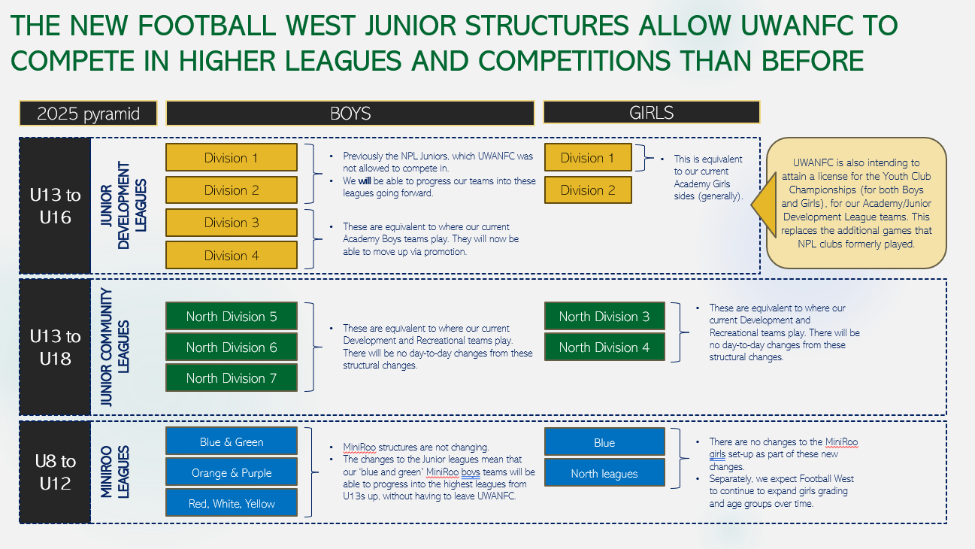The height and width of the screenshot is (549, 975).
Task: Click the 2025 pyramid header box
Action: coord(88,114)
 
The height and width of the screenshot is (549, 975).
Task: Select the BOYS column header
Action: coord(350,114)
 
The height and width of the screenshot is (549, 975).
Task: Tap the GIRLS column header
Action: coord(651,113)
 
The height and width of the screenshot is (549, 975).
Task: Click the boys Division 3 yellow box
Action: coord(232,223)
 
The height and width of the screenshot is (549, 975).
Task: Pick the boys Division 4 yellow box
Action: coord(232,256)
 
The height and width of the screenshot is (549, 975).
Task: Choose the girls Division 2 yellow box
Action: coord(587,190)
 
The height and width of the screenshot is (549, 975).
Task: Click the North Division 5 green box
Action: coord(232,317)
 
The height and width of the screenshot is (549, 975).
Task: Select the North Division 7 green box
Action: coord(232,378)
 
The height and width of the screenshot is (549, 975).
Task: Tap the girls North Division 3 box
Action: coord(604,317)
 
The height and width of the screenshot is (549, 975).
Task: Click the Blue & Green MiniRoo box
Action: coord(232,442)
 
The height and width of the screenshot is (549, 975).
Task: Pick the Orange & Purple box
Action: coord(232,473)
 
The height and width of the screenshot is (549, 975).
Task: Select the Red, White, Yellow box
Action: coord(232,504)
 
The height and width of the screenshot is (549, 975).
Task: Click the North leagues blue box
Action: coord(604,474)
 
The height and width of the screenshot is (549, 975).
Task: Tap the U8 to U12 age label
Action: coord(56,472)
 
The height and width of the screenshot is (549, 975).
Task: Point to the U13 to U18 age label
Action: coord(56,347)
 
